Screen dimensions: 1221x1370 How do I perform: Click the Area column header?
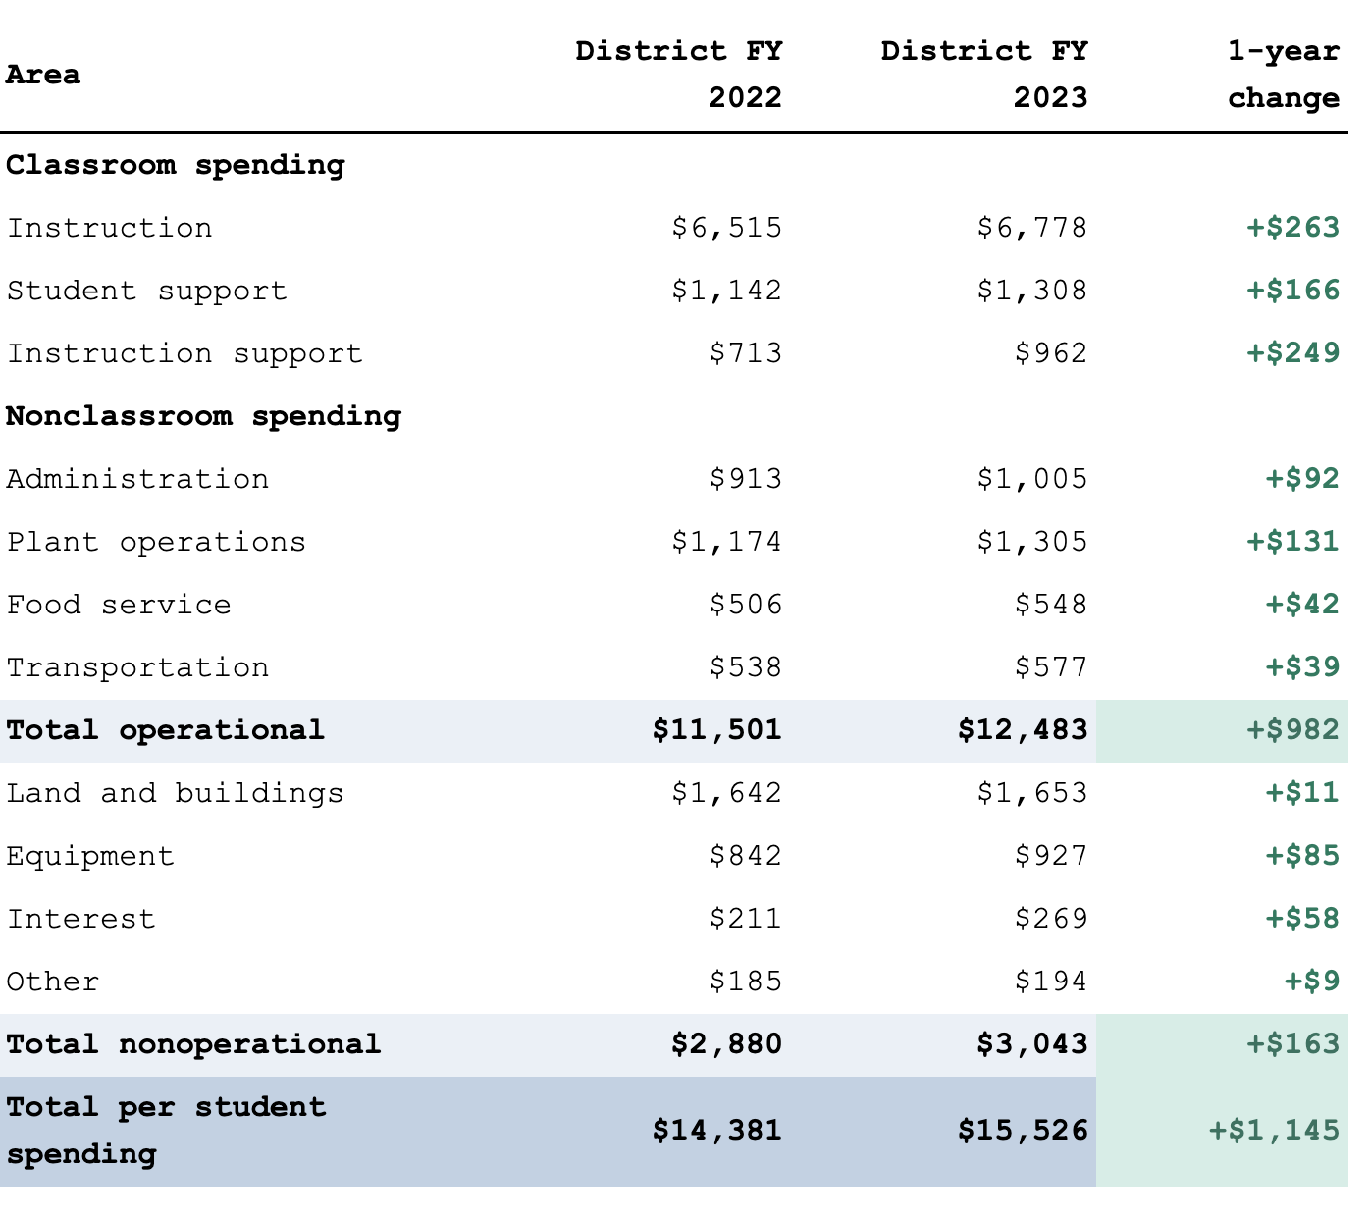pyautogui.click(x=43, y=75)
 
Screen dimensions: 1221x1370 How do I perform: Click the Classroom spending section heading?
pyautogui.click(x=176, y=165)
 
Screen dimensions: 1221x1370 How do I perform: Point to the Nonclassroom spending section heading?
pyautogui.click(x=204, y=416)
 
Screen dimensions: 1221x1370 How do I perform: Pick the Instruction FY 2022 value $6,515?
pyautogui.click(x=727, y=228)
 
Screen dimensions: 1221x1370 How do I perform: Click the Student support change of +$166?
pyautogui.click(x=1292, y=291)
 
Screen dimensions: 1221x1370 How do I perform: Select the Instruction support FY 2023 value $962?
pyautogui.click(x=1051, y=353)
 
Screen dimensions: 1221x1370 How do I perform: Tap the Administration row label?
pyautogui.click(x=137, y=479)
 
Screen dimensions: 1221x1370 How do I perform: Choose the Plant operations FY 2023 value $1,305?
pyautogui.click(x=1032, y=542)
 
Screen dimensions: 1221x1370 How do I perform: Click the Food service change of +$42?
pyautogui.click(x=1302, y=605)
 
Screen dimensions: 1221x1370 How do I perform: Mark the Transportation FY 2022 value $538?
pyautogui.click(x=746, y=667)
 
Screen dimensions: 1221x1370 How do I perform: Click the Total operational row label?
pyautogui.click(x=165, y=730)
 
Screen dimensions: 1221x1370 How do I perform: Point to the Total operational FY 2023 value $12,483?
pyautogui.click(x=1023, y=730)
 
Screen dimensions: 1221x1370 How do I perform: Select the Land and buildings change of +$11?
pyautogui.click(x=1302, y=793)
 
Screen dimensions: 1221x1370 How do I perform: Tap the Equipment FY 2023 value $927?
pyautogui.click(x=1051, y=856)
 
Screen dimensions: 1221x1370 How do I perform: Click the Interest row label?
pyautogui.click(x=81, y=919)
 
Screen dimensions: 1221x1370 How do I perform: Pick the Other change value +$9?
pyautogui.click(x=1312, y=982)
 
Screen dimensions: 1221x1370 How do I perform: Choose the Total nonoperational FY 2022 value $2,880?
pyautogui.click(x=727, y=1044)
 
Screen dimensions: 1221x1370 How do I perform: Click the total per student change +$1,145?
pyautogui.click(x=1274, y=1131)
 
